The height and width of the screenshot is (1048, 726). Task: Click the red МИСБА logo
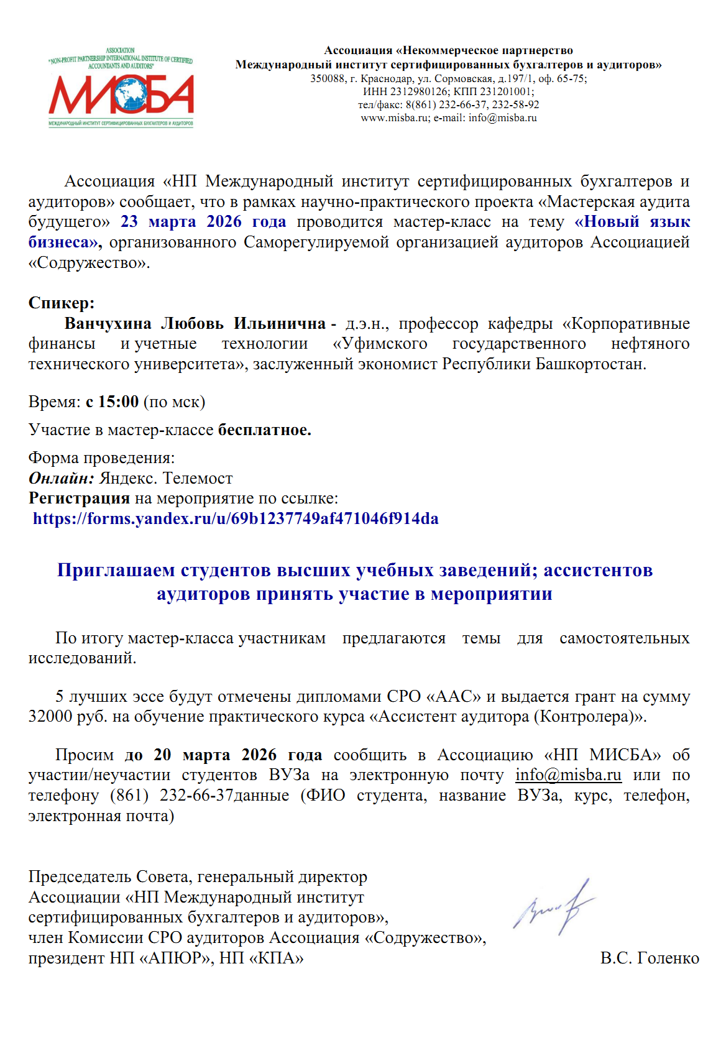coord(121,94)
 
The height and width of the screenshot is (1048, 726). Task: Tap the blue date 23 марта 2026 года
coord(203,222)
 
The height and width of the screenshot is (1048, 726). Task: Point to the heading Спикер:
coord(62,303)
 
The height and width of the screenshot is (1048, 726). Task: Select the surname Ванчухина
coord(108,324)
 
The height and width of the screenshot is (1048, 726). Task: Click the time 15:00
coord(118,402)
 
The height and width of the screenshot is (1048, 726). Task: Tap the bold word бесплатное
coord(264,430)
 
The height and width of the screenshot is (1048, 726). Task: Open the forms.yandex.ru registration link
coord(236,519)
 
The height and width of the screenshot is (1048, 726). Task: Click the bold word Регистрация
coord(79,499)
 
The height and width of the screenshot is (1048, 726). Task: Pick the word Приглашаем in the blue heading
coord(116,570)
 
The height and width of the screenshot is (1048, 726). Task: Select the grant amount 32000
coord(50,717)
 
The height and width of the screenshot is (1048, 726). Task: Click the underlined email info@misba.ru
coord(568,775)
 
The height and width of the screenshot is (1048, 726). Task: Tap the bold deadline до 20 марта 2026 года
coord(224,755)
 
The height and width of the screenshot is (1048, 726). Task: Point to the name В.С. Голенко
coord(650,958)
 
